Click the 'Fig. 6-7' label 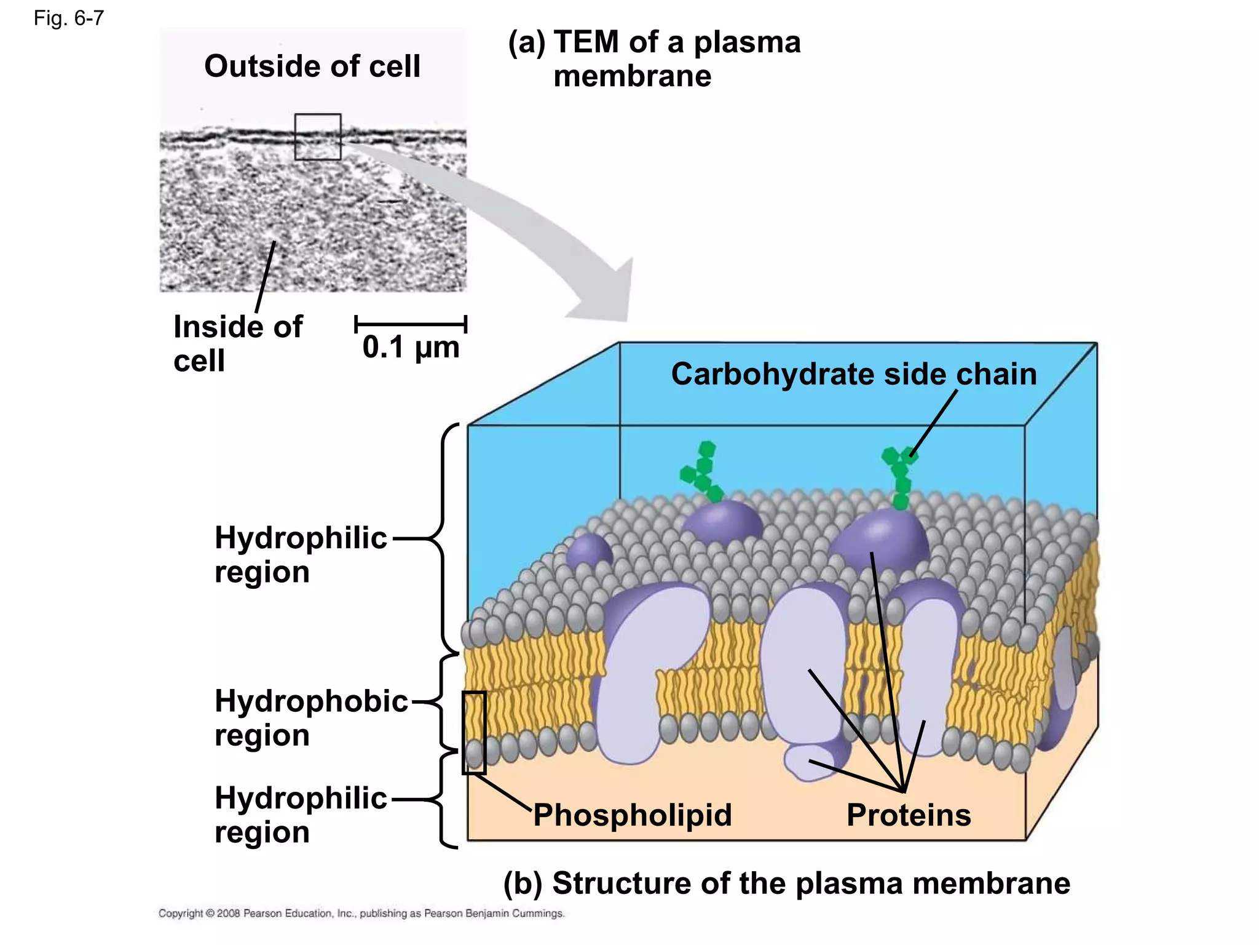click(68, 18)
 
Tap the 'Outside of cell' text click(312, 66)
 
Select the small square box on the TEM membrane click(317, 137)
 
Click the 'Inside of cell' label click(237, 343)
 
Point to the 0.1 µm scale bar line click(411, 324)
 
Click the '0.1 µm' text click(411, 348)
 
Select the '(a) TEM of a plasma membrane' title click(653, 59)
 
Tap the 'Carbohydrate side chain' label click(853, 374)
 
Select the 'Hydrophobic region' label click(310, 718)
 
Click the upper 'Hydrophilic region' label click(301, 554)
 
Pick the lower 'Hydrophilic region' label click(301, 815)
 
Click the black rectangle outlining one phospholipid click(474, 732)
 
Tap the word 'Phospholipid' click(632, 815)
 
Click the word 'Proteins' click(908, 815)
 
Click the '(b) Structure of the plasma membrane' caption click(786, 883)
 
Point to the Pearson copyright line click(361, 914)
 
